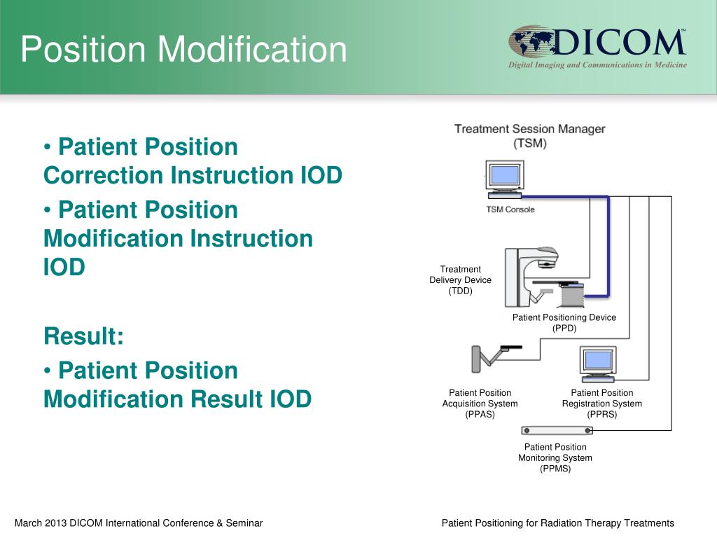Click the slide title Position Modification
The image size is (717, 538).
[x=183, y=50]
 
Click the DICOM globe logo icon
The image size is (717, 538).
[x=530, y=43]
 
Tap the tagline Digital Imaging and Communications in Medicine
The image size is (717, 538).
[x=597, y=65]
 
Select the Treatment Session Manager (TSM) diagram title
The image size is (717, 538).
[x=529, y=136]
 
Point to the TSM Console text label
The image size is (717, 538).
[x=510, y=209]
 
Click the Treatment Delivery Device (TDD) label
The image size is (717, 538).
[x=460, y=280]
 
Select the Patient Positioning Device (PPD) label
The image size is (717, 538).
[x=564, y=322]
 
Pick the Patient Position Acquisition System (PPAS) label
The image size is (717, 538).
[x=480, y=403]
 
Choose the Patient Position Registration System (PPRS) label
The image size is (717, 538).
[x=601, y=403]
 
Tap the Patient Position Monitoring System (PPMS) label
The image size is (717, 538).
[x=555, y=458]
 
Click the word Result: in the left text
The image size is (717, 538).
[x=83, y=336]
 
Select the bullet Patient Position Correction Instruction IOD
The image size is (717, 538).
[x=193, y=161]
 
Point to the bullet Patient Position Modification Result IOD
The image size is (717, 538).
[x=177, y=385]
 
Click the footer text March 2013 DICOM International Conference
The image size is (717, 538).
[x=139, y=523]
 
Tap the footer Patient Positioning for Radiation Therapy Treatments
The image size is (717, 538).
[x=557, y=523]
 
